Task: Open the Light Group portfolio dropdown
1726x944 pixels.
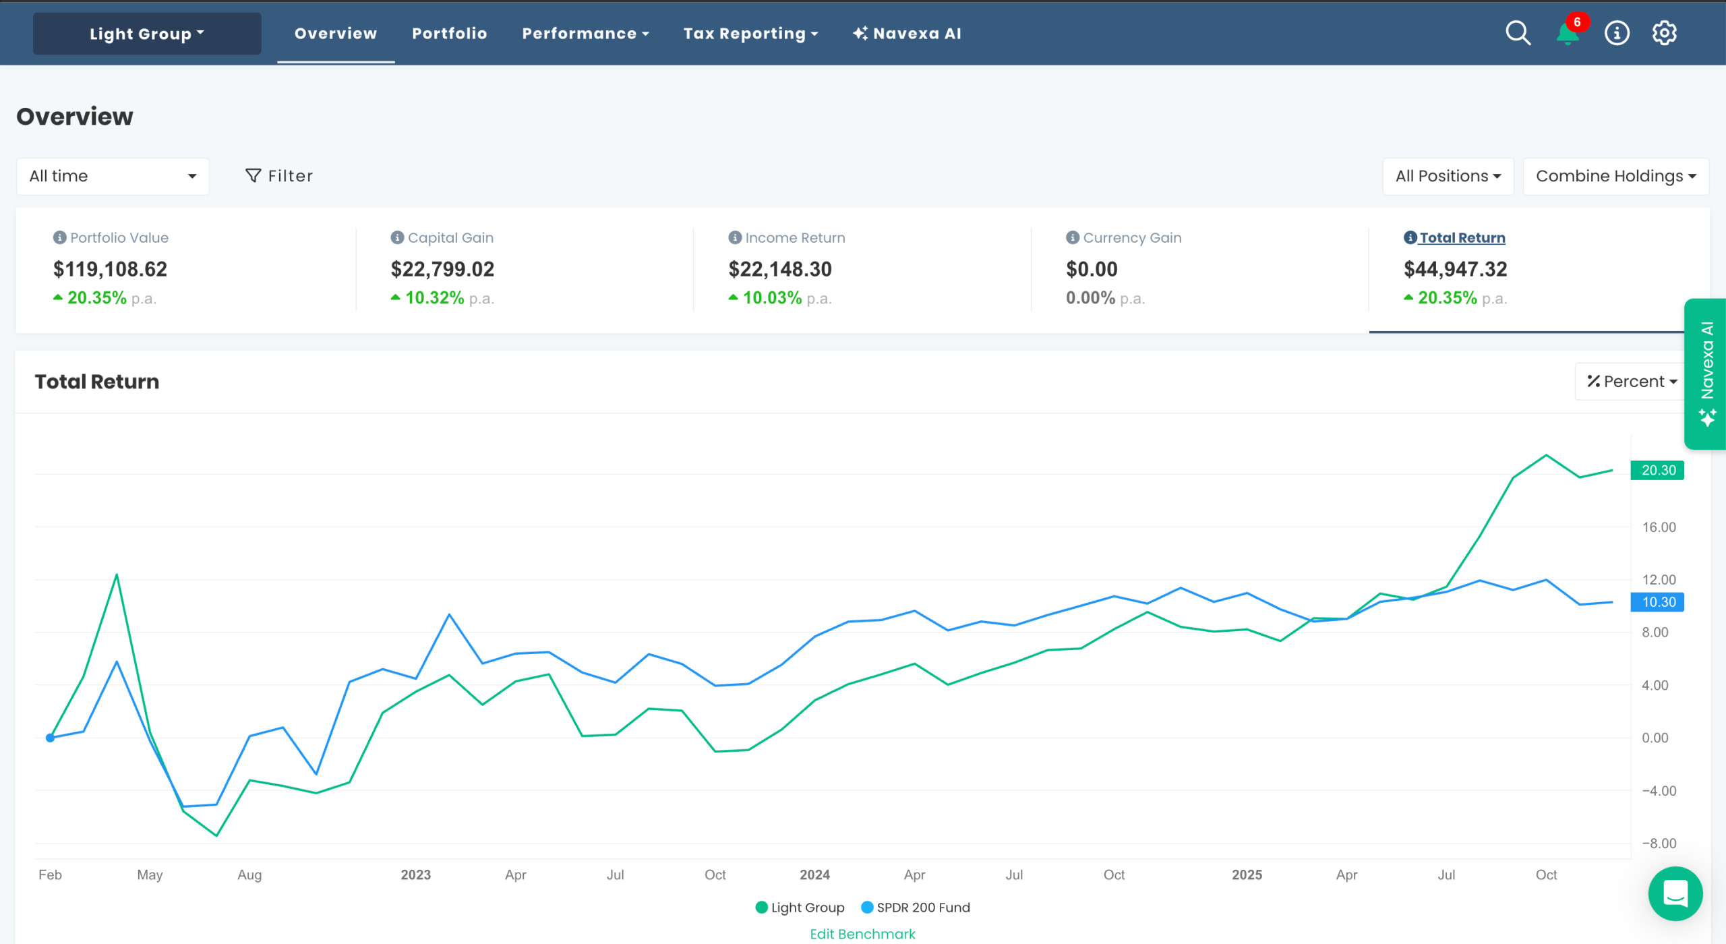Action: tap(147, 34)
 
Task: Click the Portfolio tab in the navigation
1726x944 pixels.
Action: tap(449, 34)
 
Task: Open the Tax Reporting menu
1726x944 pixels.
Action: tap(750, 34)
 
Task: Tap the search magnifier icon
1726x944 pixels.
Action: tap(1518, 33)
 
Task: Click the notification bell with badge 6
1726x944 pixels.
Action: tap(1568, 33)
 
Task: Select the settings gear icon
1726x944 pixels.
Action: tap(1664, 33)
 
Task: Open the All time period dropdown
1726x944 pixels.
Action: tap(113, 176)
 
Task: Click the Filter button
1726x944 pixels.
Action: tap(279, 176)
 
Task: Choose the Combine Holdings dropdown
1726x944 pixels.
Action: tap(1615, 176)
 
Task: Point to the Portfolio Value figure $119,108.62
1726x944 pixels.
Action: tap(110, 269)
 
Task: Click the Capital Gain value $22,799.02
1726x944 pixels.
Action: tap(442, 269)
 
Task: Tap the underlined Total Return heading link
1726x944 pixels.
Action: tap(1462, 237)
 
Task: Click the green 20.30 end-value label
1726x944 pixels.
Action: tap(1657, 470)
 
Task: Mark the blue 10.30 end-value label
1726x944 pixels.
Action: tap(1657, 601)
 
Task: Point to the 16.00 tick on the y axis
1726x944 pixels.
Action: tap(1658, 527)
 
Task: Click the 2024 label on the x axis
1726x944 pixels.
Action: tap(814, 875)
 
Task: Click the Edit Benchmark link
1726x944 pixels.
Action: tap(862, 934)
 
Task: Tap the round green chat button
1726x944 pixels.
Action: tap(1675, 893)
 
